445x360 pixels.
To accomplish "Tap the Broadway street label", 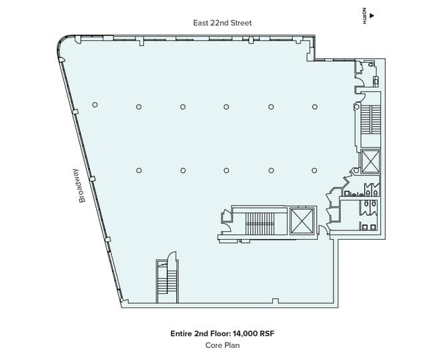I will tap(83, 186).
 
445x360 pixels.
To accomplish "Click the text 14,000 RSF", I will tap(252, 333).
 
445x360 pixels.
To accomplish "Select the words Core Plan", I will tap(222, 345).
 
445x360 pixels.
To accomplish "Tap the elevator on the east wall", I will tap(369, 162).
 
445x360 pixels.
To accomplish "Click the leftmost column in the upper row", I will tap(95, 105).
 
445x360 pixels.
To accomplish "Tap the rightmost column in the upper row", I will tap(314, 106).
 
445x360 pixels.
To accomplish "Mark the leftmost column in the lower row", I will tap(139, 170).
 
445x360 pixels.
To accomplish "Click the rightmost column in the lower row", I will tap(314, 170).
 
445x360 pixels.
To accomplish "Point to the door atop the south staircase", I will tap(171, 256).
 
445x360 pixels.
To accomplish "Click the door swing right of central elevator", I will tap(323, 230).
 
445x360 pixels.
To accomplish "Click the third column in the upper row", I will tap(183, 106).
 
